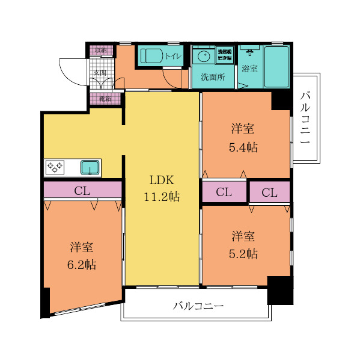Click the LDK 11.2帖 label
[x=162, y=188]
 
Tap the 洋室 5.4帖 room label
[x=244, y=138]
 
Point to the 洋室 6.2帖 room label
[x=82, y=255]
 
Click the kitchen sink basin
[x=90, y=167]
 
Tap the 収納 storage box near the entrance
[x=100, y=50]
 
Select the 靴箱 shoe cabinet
[x=105, y=97]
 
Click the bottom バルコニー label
[x=198, y=306]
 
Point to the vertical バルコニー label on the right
[x=305, y=117]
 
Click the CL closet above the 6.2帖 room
[x=82, y=191]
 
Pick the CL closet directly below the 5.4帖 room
[x=224, y=192]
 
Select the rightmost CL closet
[x=269, y=192]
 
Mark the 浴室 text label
[x=249, y=69]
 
